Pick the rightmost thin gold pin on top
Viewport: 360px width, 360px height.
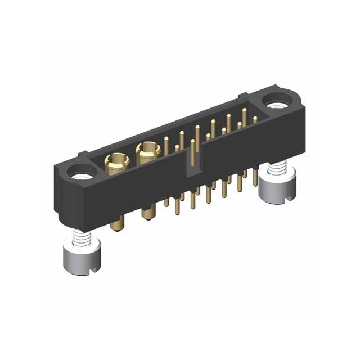pos(255,119)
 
